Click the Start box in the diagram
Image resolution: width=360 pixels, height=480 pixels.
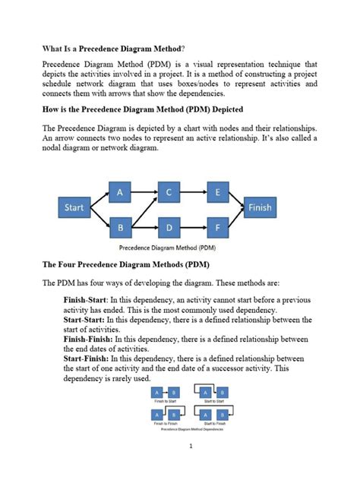click(74, 207)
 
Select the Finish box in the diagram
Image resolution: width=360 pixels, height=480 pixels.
click(259, 207)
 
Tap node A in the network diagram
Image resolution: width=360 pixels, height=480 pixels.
click(120, 193)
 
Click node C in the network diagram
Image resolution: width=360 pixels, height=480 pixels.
click(169, 193)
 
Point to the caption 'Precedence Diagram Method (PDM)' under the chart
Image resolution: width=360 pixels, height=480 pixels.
click(168, 247)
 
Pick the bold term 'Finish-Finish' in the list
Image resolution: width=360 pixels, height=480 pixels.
click(89, 340)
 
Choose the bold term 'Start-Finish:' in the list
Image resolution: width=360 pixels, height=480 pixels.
click(87, 358)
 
